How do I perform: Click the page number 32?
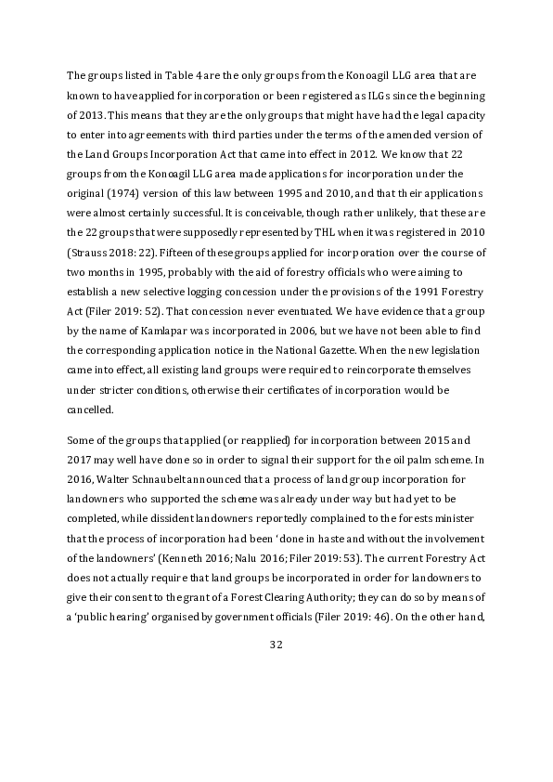tap(276, 644)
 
